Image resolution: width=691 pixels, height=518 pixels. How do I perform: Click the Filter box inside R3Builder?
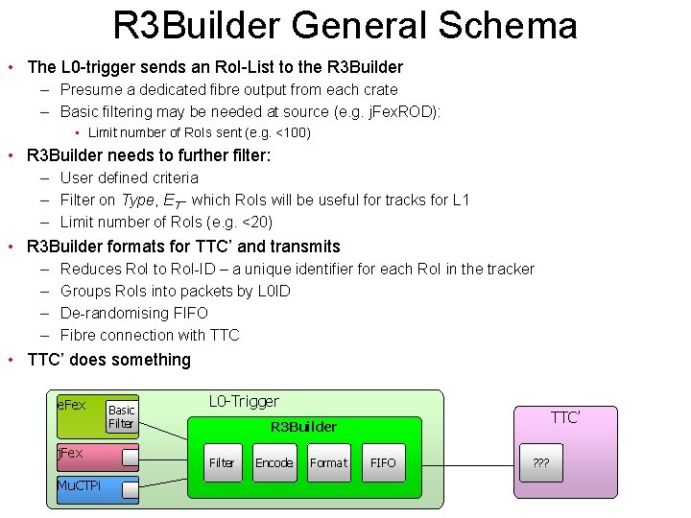(222, 462)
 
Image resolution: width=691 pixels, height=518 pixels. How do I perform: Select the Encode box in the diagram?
(274, 462)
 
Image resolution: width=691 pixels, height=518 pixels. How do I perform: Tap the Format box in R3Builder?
(328, 462)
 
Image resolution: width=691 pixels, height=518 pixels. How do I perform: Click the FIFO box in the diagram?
(383, 462)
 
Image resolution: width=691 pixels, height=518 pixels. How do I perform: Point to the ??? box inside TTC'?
(541, 462)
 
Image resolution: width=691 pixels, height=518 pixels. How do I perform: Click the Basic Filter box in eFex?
(122, 416)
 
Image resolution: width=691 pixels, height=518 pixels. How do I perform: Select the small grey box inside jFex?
(122, 455)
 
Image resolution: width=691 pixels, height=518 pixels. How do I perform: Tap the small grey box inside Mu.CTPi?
(122, 490)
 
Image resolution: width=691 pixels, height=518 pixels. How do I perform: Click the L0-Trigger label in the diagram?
(244, 401)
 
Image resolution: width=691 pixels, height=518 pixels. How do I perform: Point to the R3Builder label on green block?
(302, 427)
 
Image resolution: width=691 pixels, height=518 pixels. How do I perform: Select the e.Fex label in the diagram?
(72, 405)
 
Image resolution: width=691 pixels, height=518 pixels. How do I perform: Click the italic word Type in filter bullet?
(137, 200)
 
